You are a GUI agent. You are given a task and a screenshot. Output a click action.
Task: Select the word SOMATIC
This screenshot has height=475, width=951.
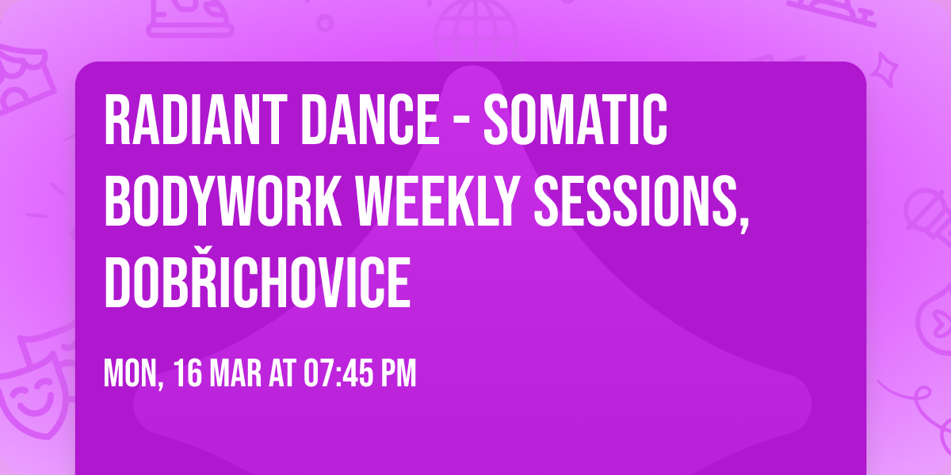[x=575, y=121]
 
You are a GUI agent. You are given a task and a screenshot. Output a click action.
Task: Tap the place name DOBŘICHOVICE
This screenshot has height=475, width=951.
[x=258, y=281]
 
